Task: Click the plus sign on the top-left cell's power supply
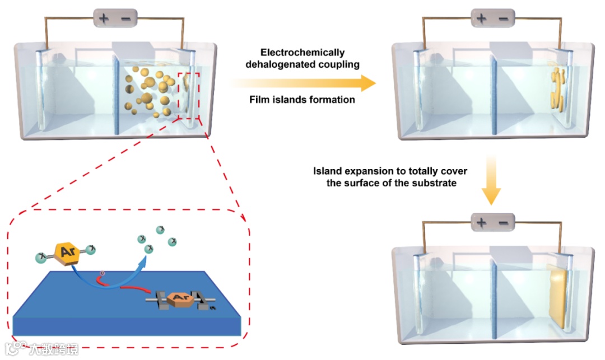[x=104, y=18]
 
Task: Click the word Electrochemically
[x=302, y=52]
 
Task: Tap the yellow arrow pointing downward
[x=491, y=179]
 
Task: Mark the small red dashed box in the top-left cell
[x=189, y=95]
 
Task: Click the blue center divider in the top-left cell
[x=117, y=95]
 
